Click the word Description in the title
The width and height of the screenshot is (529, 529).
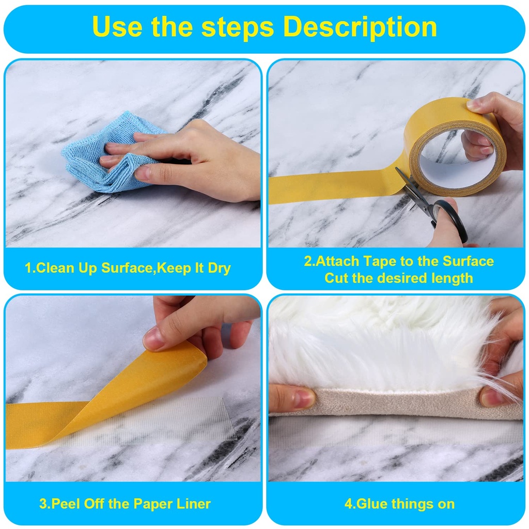point(360,27)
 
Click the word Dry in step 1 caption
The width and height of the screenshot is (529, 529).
point(219,268)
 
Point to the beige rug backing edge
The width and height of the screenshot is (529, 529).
point(398,403)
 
